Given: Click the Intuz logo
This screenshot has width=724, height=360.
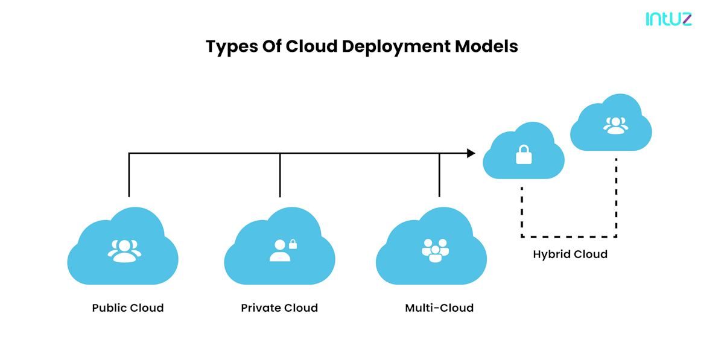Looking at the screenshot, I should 668,19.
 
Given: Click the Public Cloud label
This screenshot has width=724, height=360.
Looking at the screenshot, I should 128,308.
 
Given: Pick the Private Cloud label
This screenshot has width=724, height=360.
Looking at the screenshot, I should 279,308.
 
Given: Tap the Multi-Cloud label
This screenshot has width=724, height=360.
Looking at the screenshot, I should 439,308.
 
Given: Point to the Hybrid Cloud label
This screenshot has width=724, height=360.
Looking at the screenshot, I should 570,254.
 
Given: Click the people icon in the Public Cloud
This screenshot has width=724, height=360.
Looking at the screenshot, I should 124,250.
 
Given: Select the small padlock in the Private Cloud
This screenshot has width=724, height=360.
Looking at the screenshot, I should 293,244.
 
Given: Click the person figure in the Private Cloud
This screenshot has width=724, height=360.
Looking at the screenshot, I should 279,251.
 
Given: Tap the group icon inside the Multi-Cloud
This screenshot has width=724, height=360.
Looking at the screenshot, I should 435,250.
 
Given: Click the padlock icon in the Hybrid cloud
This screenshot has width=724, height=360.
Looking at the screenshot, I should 524,156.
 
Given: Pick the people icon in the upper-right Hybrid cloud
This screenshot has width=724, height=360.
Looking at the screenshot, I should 615,125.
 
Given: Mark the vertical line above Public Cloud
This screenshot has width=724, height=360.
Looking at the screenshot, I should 129,175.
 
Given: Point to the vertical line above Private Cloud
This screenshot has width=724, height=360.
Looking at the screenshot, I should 280,175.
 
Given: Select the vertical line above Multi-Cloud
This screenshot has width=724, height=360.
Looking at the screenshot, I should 439,175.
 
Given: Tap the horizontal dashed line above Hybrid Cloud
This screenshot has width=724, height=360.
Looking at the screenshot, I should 569,236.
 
